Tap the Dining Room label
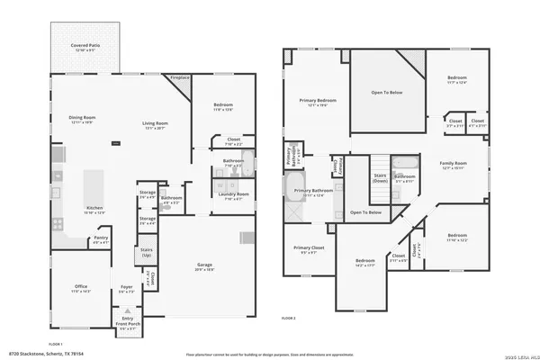pyautogui.click(x=83, y=120)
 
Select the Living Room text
pyautogui.click(x=156, y=125)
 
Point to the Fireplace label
pyautogui.click(x=179, y=78)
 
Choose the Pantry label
pyautogui.click(x=101, y=240)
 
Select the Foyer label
pyautogui.click(x=127, y=290)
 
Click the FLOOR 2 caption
pyautogui.click(x=288, y=319)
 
